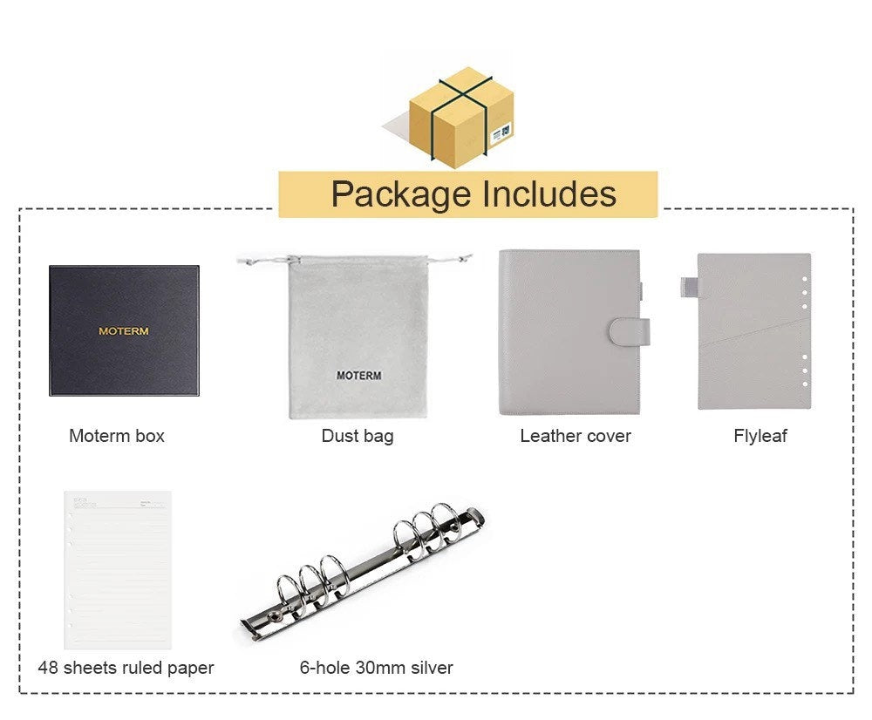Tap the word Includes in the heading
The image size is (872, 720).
(549, 194)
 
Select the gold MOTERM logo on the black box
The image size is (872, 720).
(124, 331)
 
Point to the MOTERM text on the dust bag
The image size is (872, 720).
(358, 376)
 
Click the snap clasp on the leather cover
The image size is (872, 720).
(629, 331)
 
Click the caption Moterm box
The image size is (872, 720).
(117, 436)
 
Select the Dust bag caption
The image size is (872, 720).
(358, 436)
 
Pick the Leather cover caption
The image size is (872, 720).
(576, 436)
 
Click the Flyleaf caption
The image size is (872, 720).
(760, 436)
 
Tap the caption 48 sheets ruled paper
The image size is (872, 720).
(126, 668)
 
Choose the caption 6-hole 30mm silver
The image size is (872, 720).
(377, 668)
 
